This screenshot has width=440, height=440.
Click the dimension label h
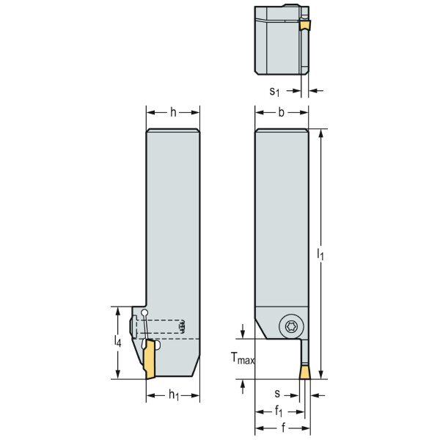click(x=173, y=112)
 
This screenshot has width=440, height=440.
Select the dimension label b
click(x=282, y=112)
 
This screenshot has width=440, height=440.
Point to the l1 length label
click(x=320, y=254)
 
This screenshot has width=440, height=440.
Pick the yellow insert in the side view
click(x=152, y=362)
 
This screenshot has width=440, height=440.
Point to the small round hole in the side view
click(x=145, y=313)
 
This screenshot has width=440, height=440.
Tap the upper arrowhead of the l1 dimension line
click(x=321, y=133)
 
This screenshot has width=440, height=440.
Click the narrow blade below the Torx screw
click(x=302, y=352)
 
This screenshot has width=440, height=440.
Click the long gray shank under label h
click(x=173, y=220)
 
